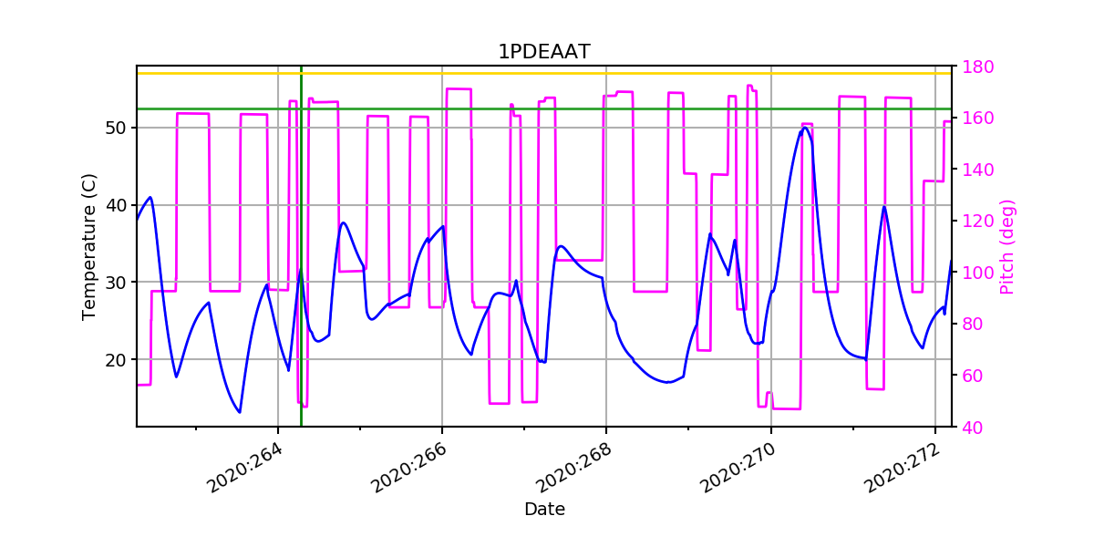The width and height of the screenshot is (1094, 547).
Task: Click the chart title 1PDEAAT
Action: point(543,52)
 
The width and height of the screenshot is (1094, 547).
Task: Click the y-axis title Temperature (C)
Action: point(88,247)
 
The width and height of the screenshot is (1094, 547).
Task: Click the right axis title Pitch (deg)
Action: point(1006,247)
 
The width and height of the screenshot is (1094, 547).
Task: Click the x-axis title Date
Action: point(544,510)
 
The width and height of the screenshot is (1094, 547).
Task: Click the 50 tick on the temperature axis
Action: point(117,128)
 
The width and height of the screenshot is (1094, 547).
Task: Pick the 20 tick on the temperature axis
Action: point(117,359)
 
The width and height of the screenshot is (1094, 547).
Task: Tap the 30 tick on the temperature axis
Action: point(117,283)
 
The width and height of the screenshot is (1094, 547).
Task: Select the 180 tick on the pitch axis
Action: point(973,67)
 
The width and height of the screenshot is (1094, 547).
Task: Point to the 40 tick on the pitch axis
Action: point(969,427)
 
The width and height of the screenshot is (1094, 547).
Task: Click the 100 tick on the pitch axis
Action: point(973,273)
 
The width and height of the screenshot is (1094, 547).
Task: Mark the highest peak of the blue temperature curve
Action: point(805,128)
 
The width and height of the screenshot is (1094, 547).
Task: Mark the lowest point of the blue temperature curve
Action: point(240,412)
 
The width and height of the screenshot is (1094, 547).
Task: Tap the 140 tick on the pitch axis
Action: point(973,170)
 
